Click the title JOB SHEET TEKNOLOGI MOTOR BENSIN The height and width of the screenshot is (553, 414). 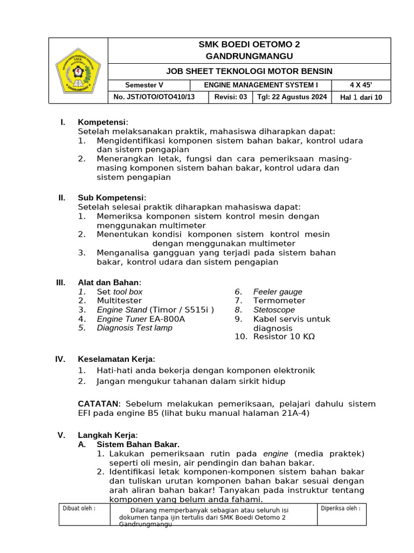pyautogui.click(x=249, y=71)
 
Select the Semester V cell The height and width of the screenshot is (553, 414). pyautogui.click(x=144, y=85)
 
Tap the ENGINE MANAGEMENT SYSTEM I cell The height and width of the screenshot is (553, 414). pyautogui.click(x=261, y=85)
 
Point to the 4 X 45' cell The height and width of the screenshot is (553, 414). pyautogui.click(x=361, y=85)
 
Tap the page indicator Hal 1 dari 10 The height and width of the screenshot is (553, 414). pyautogui.click(x=361, y=97)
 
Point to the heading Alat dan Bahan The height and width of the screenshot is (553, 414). pyautogui.click(x=109, y=282)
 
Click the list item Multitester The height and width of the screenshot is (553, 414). pyautogui.click(x=119, y=300)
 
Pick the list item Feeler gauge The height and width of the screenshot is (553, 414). pyautogui.click(x=278, y=292)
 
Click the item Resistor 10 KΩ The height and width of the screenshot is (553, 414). pyautogui.click(x=284, y=336)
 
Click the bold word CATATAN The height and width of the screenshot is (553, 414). pyautogui.click(x=98, y=404)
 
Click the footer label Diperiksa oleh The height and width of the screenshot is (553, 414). pyautogui.click(x=341, y=508)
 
